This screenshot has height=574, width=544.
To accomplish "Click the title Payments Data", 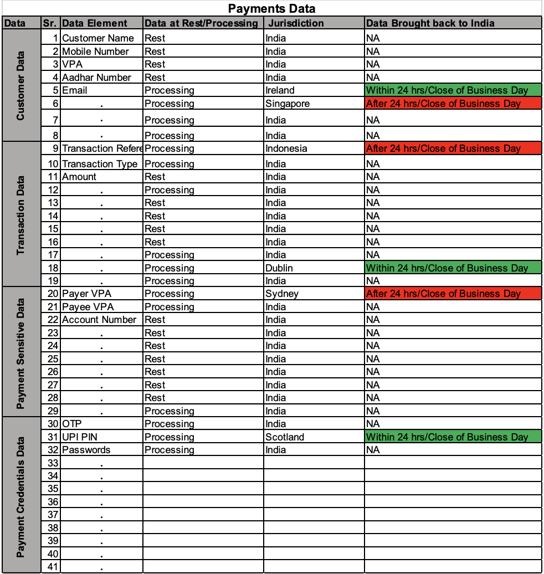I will pyautogui.click(x=271, y=8).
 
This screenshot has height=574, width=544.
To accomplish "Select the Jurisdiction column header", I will pyautogui.click(x=295, y=23).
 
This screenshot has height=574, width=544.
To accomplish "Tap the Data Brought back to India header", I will pyautogui.click(x=430, y=23).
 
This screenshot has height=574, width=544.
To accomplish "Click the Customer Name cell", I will pyautogui.click(x=98, y=38).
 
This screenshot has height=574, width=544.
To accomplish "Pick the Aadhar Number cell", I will pyautogui.click(x=96, y=78).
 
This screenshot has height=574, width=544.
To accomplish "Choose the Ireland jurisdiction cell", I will pyautogui.click(x=280, y=90).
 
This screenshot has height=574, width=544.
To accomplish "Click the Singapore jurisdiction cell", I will pyautogui.click(x=288, y=104).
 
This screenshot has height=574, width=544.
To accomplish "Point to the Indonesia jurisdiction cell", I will pyautogui.click(x=286, y=148).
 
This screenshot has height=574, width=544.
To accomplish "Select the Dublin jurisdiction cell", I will pyautogui.click(x=279, y=268).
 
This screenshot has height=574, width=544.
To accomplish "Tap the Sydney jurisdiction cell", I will pyautogui.click(x=282, y=294).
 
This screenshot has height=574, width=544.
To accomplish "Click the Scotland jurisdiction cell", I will pyautogui.click(x=285, y=437).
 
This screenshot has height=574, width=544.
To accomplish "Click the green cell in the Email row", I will pyautogui.click(x=452, y=90).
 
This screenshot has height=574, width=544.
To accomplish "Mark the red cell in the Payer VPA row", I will pyautogui.click(x=452, y=294).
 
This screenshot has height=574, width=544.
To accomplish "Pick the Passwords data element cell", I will pyautogui.click(x=86, y=450).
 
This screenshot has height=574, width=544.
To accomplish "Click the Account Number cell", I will pyautogui.click(x=99, y=320).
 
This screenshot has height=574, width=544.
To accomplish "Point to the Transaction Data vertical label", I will pyautogui.click(x=21, y=215).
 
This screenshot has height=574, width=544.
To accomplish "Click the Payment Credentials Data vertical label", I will pyautogui.click(x=21, y=495).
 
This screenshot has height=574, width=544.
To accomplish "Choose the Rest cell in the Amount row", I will pyautogui.click(x=155, y=177).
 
